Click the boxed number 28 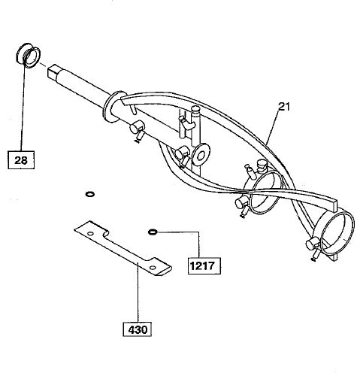(21, 160)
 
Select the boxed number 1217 (204, 265)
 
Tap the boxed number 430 (138, 329)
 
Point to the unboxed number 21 (284, 107)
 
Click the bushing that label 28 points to (28, 56)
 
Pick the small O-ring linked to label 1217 (153, 232)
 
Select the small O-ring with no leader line (90, 194)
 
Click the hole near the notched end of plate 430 (91, 234)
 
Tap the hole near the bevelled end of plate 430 (152, 268)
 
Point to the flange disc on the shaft (111, 107)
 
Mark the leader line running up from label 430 (138, 292)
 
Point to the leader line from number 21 (272, 128)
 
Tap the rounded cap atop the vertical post (196, 110)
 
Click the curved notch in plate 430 (107, 233)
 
